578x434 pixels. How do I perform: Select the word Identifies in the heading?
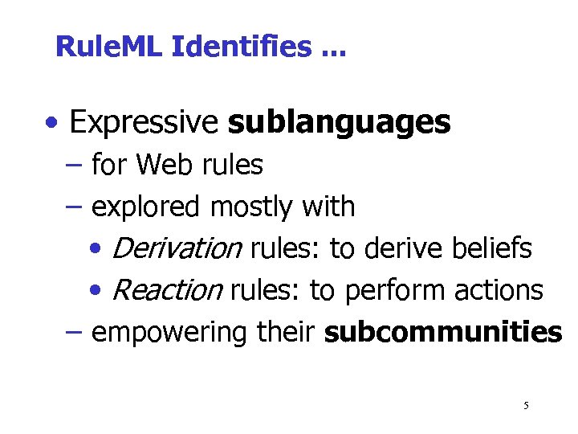[240, 47]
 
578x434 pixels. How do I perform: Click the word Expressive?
[144, 123]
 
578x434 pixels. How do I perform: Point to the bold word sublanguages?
[339, 123]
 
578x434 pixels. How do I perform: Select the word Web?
[163, 165]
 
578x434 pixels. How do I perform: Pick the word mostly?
[252, 207]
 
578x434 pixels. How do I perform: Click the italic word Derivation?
[177, 249]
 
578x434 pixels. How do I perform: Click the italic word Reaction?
[167, 291]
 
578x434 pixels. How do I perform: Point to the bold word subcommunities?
[442, 333]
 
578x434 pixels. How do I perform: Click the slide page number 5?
[526, 406]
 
